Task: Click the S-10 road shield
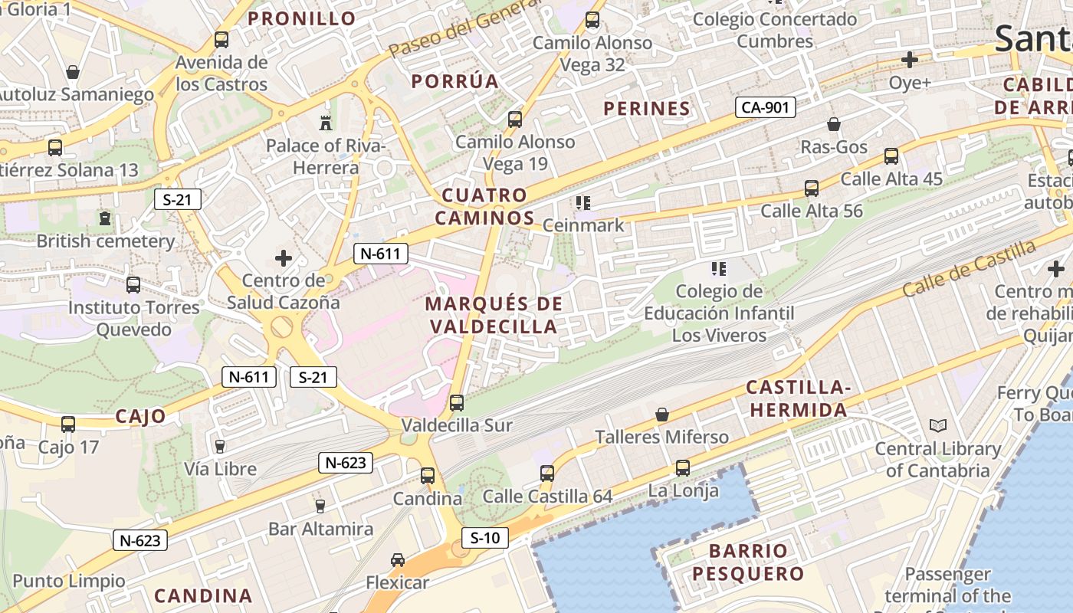click(484, 538)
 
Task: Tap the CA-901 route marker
click(766, 107)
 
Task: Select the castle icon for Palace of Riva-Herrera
click(325, 122)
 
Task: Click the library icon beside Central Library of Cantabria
click(937, 425)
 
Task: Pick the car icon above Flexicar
click(397, 560)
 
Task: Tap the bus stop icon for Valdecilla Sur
click(457, 402)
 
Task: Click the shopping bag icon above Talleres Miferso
click(662, 415)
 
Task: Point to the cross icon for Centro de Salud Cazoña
click(284, 258)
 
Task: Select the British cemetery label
click(106, 241)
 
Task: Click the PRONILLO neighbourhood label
click(302, 18)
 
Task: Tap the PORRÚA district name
click(454, 81)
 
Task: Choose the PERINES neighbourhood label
click(647, 109)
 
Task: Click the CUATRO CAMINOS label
click(484, 206)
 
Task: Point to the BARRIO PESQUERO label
click(747, 562)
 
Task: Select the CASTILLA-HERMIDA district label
click(798, 398)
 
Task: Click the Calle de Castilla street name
click(969, 269)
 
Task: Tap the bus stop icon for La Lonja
click(682, 467)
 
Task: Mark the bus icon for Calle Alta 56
click(812, 188)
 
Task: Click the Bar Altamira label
click(320, 529)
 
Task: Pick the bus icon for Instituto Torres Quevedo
click(133, 285)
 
